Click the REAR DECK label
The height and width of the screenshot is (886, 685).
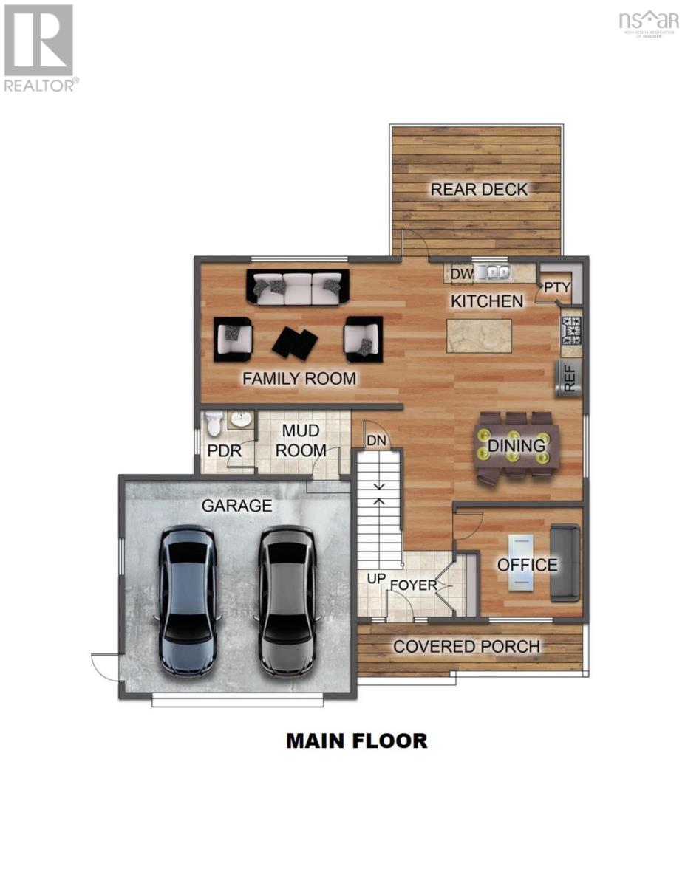[479, 190]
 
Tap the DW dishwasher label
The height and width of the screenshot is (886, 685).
[461, 275]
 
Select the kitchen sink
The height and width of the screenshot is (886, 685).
[492, 273]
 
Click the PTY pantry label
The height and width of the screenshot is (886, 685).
[555, 287]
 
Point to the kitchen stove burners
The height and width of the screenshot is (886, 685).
[571, 331]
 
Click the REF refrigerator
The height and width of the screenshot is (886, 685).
[569, 378]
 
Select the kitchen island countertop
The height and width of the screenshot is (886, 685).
[479, 336]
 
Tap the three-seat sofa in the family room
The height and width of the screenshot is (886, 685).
[298, 287]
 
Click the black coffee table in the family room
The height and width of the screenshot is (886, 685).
[295, 341]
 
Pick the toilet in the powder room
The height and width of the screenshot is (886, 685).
[214, 425]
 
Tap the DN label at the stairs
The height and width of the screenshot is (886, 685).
[376, 441]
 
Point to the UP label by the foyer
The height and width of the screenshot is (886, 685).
[376, 578]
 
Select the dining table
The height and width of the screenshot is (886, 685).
[516, 447]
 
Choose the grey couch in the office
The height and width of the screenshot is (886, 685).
[566, 563]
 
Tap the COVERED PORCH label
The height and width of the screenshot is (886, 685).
[466, 647]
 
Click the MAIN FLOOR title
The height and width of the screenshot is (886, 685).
[356, 741]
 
